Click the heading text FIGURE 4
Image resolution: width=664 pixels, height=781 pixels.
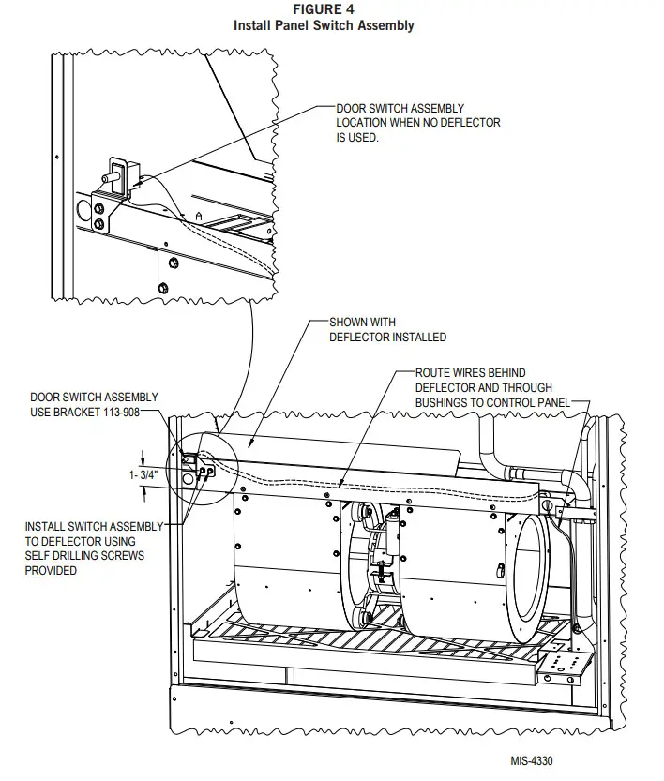click(x=323, y=10)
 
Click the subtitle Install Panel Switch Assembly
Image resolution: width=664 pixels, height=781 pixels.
click(x=323, y=25)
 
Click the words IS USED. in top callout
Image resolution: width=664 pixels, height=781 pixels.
click(x=357, y=137)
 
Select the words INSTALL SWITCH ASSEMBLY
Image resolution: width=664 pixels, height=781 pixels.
click(x=94, y=526)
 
